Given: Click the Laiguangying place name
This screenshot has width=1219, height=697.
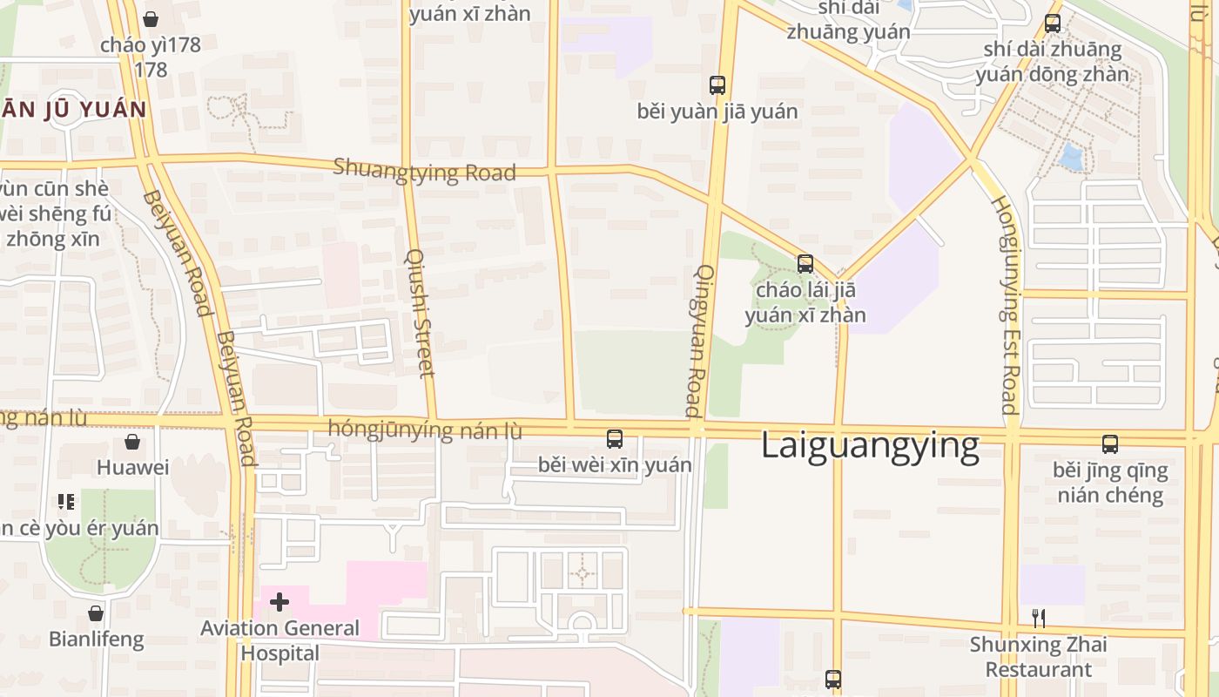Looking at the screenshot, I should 870,445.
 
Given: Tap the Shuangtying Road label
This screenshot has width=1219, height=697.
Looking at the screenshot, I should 424,170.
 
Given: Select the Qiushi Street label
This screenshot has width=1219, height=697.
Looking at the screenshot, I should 420,314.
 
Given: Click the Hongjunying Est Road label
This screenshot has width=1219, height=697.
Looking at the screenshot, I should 1007,305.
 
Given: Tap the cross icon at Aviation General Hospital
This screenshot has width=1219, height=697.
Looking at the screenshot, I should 279,602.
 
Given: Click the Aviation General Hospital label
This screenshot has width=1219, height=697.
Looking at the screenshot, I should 279,640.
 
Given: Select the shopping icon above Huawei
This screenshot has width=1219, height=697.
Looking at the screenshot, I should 132,442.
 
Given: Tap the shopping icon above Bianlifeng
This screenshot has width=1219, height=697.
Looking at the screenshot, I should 96,613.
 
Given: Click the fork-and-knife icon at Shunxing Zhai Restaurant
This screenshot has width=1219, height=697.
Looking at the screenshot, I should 1038,619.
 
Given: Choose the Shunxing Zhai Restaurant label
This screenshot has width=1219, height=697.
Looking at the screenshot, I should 1038,657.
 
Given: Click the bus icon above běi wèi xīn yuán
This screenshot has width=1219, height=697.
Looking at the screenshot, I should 615,439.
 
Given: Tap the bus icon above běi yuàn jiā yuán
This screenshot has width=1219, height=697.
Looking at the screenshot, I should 717,85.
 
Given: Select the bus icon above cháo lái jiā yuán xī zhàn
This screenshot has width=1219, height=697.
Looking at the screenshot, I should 805,263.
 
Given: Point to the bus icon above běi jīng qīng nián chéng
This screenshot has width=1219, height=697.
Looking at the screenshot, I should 1110,444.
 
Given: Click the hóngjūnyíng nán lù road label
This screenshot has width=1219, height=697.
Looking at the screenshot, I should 425,430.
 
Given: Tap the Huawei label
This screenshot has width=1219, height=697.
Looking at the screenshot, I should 132,468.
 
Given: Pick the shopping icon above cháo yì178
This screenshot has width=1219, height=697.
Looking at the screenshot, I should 151,19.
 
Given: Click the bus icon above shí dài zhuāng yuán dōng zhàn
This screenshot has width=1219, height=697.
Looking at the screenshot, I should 1053,24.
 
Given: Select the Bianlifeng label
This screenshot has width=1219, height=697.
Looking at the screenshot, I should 96,639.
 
